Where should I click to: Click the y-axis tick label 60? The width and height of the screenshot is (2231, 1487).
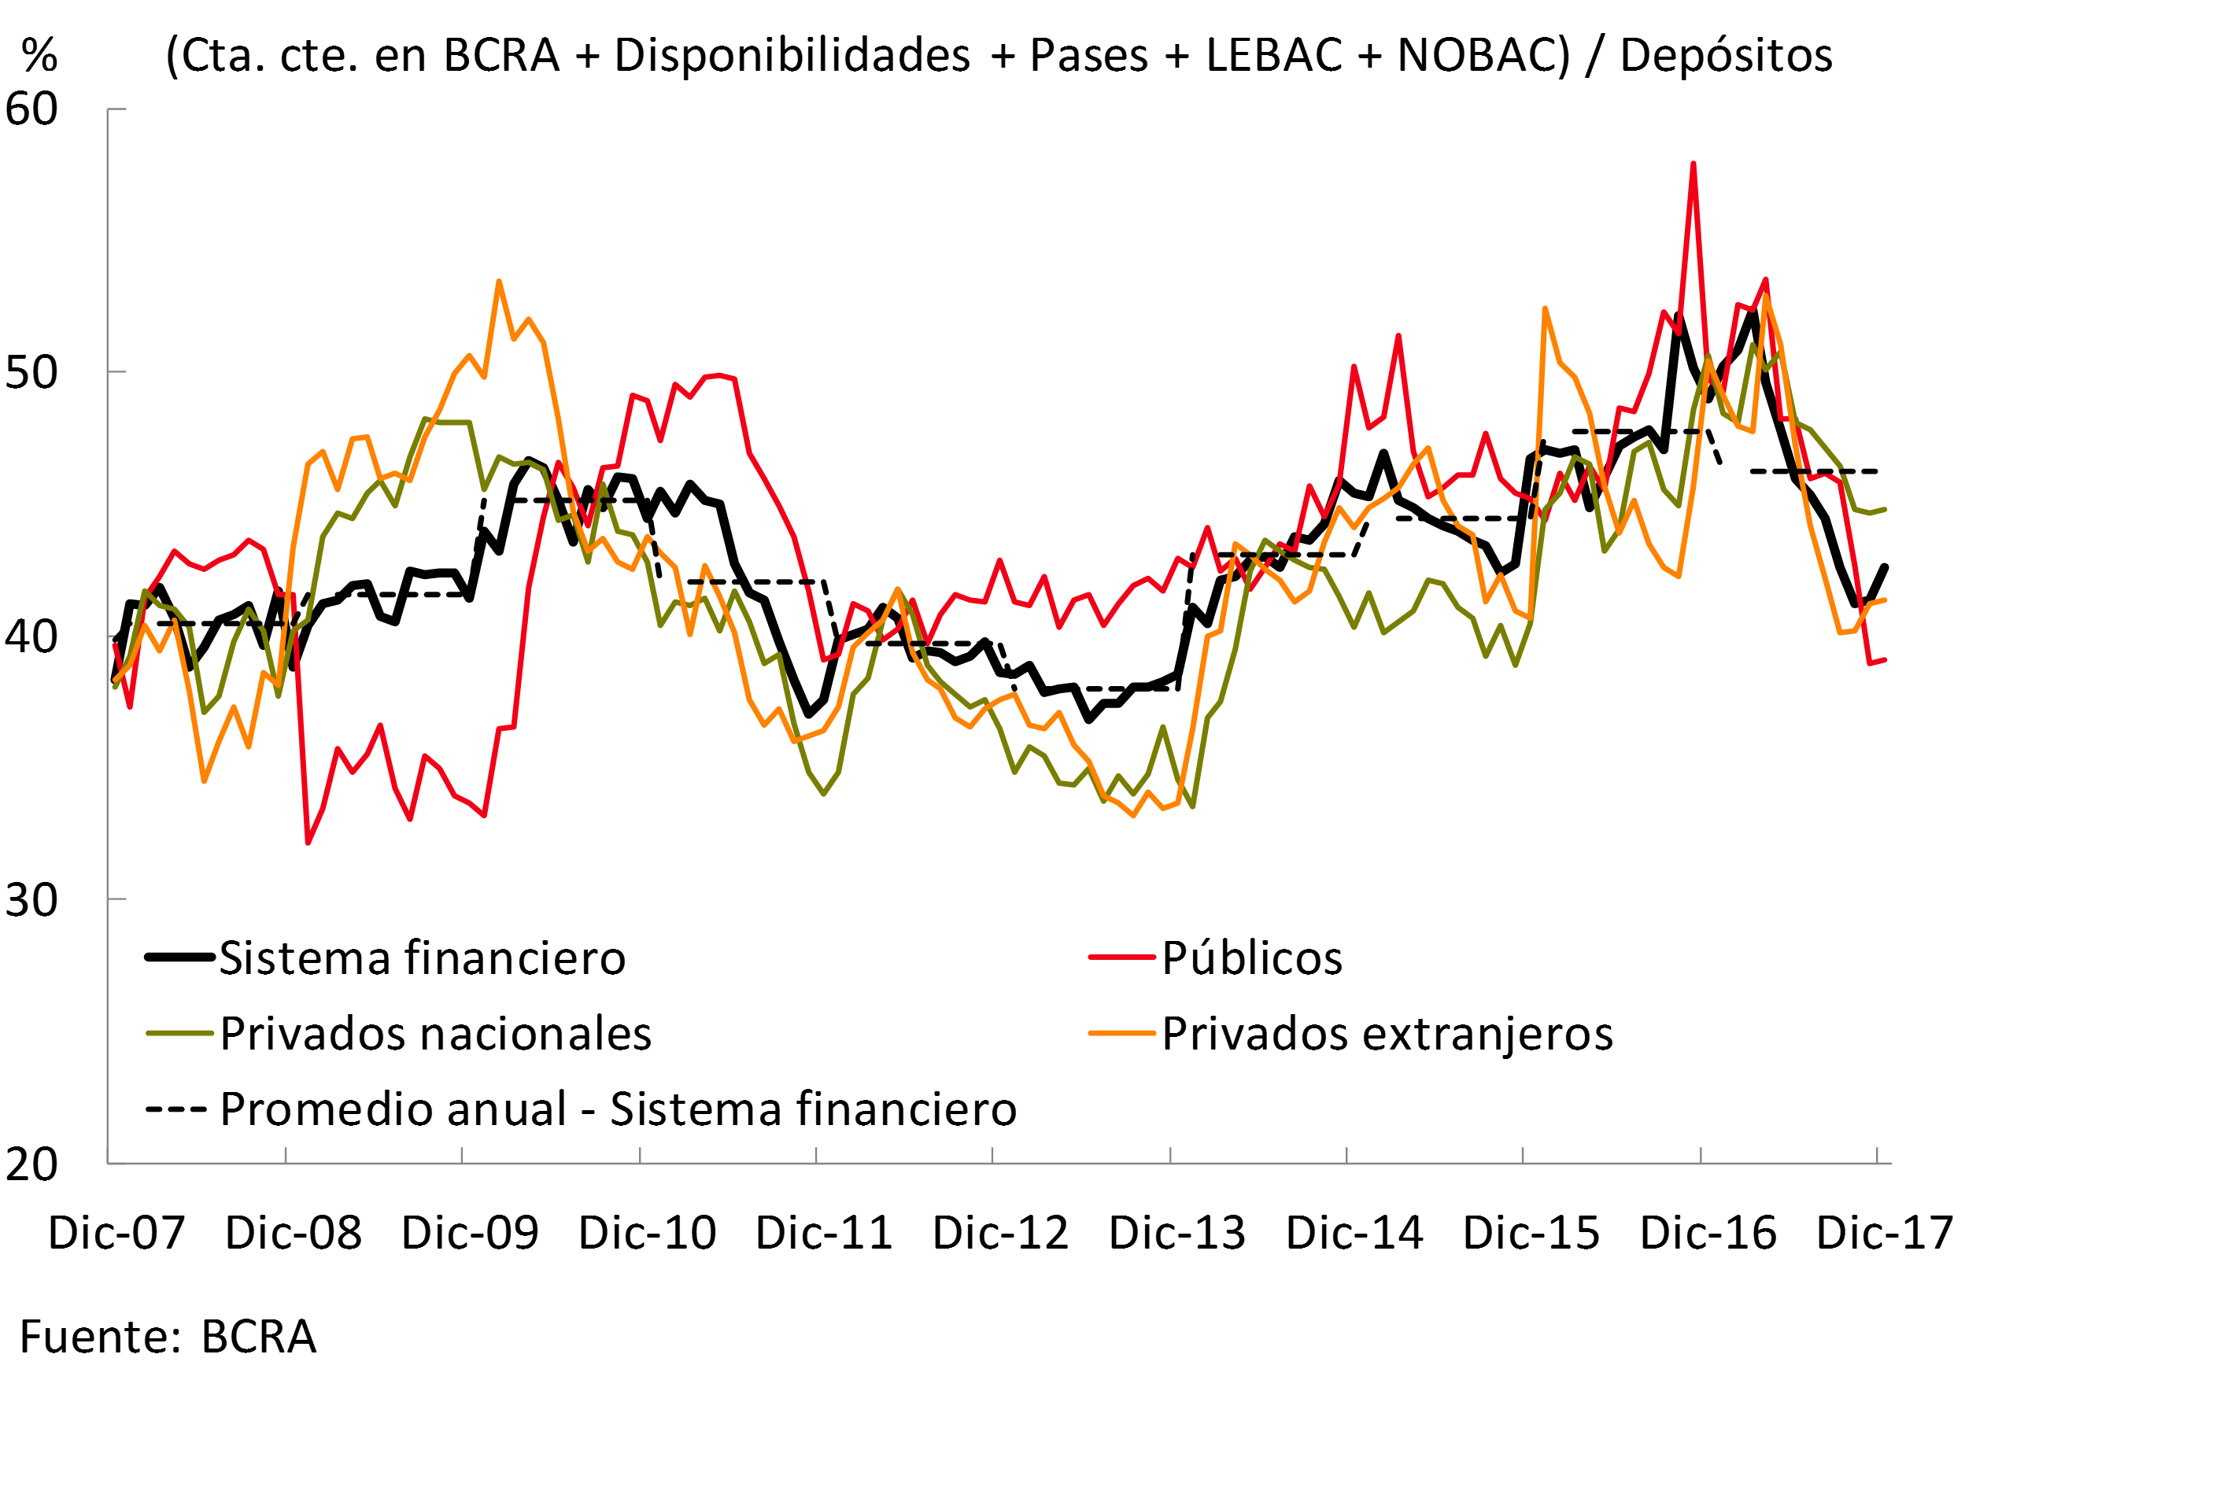[x=31, y=110]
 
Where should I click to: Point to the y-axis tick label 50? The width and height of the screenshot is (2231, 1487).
[x=31, y=373]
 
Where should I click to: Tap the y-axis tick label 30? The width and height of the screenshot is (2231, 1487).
[x=31, y=900]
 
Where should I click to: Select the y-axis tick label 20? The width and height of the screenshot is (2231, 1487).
[x=31, y=1164]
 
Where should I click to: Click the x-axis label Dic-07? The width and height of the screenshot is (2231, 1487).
[x=116, y=1233]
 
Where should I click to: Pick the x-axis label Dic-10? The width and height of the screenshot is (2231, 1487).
[x=647, y=1233]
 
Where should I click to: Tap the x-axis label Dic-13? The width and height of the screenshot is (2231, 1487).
[x=1177, y=1233]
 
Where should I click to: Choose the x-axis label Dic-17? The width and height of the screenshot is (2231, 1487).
[x=1884, y=1233]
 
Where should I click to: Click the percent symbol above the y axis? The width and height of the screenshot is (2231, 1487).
[x=40, y=55]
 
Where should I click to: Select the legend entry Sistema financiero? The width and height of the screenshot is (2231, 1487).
[x=422, y=958]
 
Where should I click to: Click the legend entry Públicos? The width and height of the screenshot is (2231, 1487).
[x=1252, y=958]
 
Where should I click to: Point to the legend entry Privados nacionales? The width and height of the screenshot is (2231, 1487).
[x=435, y=1034]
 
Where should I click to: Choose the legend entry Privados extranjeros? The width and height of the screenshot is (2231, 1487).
[x=1387, y=1034]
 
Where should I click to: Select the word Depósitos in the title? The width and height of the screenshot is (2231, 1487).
[x=1726, y=55]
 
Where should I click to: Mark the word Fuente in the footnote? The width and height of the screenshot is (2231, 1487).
[x=93, y=1338]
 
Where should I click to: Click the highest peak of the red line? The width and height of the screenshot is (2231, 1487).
[x=1694, y=164]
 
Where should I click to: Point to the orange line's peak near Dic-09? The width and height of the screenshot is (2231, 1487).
[x=499, y=282]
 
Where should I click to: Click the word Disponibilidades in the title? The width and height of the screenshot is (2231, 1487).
[x=792, y=55]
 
